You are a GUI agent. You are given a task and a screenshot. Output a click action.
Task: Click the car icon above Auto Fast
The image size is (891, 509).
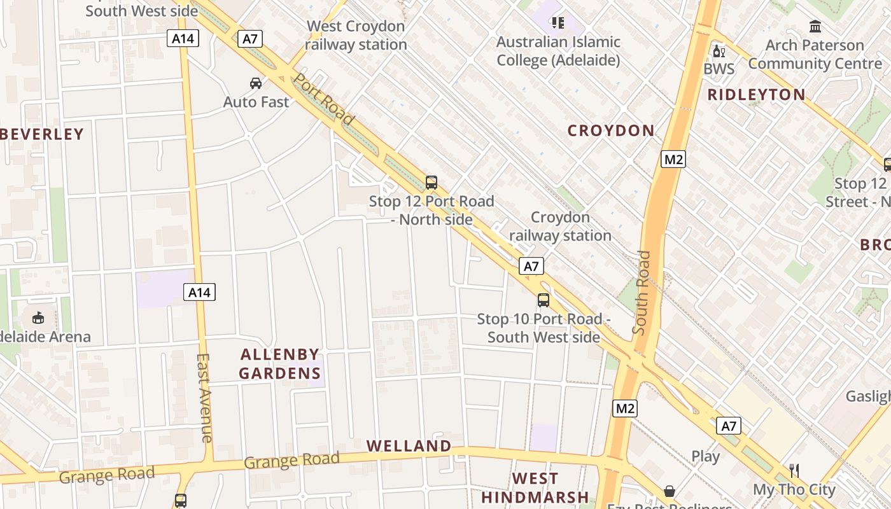click(255, 83)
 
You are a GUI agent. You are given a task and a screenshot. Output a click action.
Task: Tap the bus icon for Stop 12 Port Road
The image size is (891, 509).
click(431, 183)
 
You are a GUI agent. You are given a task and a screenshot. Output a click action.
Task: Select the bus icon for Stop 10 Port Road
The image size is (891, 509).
click(544, 300)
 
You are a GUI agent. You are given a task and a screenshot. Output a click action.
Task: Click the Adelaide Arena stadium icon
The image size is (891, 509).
click(38, 317)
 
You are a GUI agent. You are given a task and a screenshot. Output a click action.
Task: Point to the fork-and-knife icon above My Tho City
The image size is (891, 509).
click(794, 471)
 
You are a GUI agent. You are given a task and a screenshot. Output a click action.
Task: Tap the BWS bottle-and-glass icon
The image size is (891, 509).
click(719, 52)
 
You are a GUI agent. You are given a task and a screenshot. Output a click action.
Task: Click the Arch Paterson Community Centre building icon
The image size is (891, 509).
click(815, 27)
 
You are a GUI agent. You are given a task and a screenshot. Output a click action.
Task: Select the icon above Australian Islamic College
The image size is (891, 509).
click(558, 24)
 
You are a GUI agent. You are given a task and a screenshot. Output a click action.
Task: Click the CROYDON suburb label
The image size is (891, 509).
click(611, 130)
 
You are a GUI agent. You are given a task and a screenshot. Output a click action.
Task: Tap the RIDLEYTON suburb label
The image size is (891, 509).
click(757, 95)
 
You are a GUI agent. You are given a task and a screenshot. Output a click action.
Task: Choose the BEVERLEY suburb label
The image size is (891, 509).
click(43, 134)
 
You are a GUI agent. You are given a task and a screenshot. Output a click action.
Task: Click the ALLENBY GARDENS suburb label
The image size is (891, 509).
click(280, 364)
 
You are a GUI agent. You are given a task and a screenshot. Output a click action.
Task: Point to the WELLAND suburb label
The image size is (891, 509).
click(409, 446)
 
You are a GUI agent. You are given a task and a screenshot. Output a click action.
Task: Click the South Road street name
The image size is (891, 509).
click(642, 293)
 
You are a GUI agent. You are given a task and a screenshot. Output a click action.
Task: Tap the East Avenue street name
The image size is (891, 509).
click(204, 398)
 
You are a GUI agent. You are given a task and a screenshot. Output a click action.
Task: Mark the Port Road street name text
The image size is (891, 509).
click(323, 99)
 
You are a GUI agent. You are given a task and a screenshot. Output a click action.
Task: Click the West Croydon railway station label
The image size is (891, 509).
click(356, 36)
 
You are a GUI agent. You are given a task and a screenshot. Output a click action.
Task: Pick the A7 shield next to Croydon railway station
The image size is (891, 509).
click(531, 266)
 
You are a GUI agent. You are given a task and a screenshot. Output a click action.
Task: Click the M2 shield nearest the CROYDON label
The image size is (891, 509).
click(673, 159)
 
